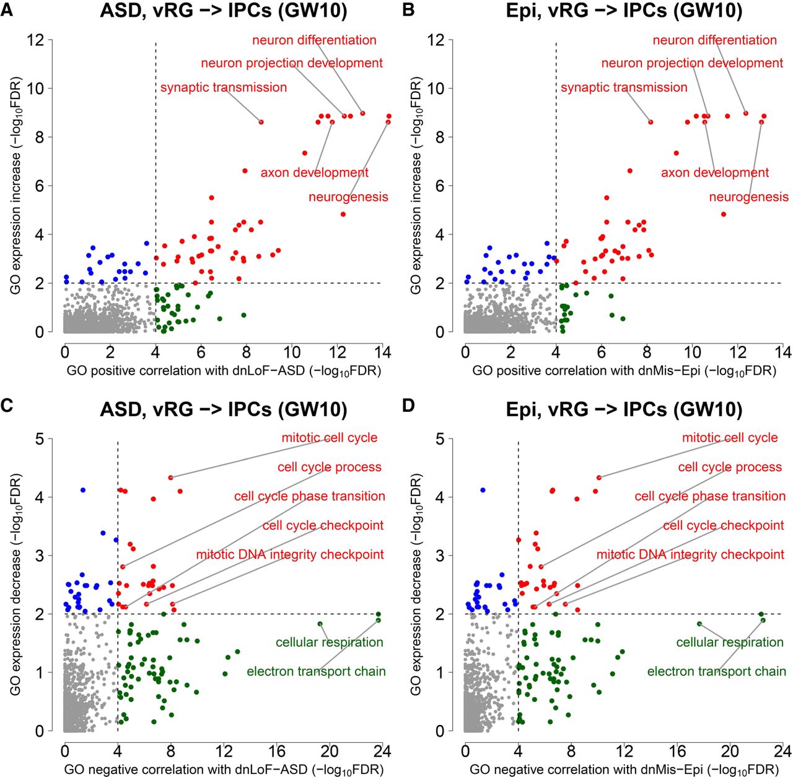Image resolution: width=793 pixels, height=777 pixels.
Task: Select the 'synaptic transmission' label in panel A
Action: coord(224,87)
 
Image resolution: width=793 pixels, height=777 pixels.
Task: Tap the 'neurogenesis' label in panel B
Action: coord(748,197)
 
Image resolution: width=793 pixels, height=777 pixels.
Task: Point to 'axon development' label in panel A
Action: coord(314,172)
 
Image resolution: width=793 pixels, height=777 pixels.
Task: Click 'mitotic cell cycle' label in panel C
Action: coord(329,438)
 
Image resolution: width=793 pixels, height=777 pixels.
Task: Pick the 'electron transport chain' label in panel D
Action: coord(716,672)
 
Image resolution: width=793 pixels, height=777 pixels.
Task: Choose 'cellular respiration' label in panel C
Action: coord(330,642)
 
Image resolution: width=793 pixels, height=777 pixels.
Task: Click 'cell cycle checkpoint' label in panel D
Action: coord(723,526)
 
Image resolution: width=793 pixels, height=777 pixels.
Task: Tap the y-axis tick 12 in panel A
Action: coord(36,40)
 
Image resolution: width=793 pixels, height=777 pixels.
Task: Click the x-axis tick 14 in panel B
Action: coord(783,352)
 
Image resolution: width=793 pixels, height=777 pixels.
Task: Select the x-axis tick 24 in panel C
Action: coord(382,751)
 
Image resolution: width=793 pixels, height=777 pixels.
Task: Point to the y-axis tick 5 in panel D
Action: coord(439,439)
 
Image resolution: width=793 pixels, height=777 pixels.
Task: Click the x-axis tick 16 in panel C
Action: coord(276,751)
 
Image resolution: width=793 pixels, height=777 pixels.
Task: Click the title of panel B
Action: coord(624,11)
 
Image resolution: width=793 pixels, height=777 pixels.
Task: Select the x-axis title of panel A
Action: coord(223,371)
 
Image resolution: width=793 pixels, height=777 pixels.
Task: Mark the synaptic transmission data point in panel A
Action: coord(261,122)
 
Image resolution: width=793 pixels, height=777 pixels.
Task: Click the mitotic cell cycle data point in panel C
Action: coord(170,477)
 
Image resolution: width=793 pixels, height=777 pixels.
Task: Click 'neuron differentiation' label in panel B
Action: coord(714,40)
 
